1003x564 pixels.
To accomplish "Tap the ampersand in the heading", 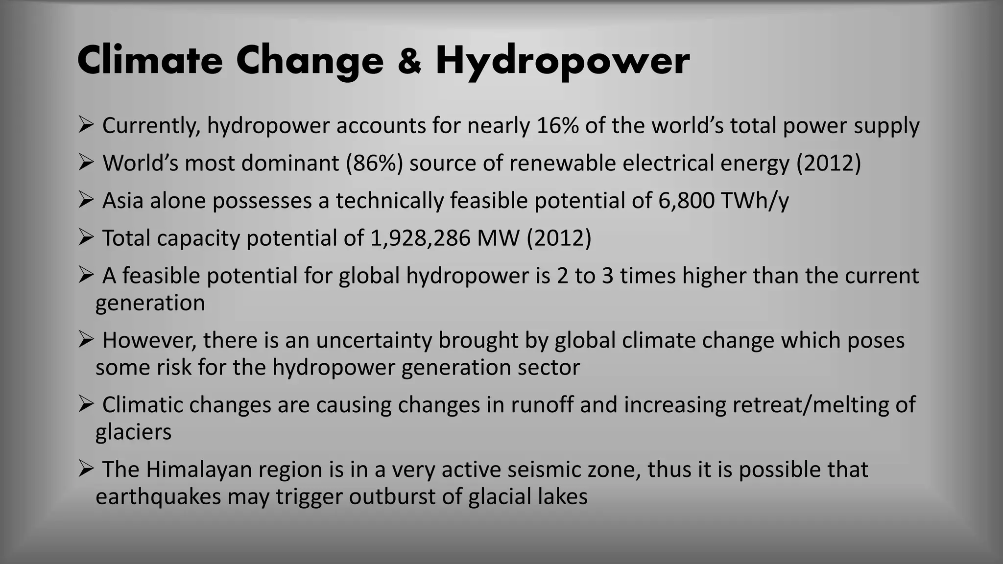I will point(409,61).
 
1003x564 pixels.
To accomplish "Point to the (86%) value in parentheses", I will point(374,163).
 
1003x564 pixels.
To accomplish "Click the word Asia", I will point(122,201).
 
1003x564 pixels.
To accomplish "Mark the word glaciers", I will point(133,432).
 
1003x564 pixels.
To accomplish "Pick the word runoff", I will point(543,405).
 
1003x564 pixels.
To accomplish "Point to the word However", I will point(149,340).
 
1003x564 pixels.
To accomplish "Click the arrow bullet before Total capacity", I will point(86,238).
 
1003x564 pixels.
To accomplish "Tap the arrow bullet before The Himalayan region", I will point(86,469).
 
